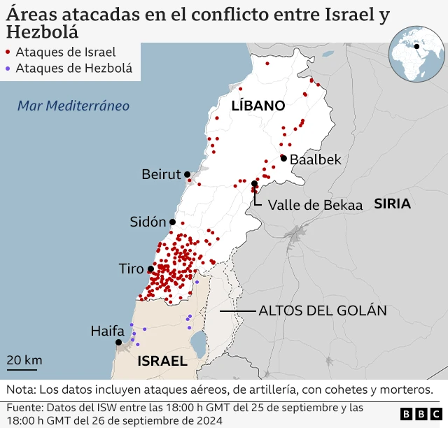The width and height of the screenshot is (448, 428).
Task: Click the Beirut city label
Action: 161,174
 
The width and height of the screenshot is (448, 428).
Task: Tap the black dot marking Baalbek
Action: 283,158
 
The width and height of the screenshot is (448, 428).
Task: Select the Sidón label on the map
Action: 148,222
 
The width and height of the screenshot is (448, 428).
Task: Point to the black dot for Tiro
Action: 150,269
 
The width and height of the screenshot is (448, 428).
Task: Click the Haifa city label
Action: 107,331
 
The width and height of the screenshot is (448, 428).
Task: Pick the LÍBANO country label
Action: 258,106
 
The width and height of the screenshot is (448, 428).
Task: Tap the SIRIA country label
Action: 392,204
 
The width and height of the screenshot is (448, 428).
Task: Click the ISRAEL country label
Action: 162,362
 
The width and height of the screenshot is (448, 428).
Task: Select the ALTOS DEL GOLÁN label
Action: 323,311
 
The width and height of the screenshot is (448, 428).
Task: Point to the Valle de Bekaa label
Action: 315,205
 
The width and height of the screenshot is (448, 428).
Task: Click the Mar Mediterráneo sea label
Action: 73,106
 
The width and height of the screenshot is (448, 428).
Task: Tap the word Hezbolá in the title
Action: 42,31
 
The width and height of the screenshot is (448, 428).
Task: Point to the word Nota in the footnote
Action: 22,390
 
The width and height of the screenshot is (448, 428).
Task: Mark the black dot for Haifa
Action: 119,343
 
